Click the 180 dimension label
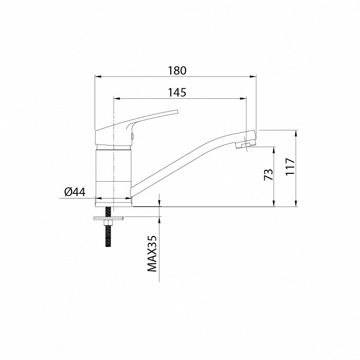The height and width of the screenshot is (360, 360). (177, 70)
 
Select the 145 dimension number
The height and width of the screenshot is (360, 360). (177, 93)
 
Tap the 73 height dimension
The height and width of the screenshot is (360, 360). (268, 175)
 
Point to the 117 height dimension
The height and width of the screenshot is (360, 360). (290, 167)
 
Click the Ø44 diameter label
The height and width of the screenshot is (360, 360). (75, 192)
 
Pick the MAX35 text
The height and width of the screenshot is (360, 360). (152, 254)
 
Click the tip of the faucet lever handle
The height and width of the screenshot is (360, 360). (177, 112)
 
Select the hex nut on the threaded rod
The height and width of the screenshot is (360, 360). (108, 223)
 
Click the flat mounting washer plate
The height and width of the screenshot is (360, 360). (109, 218)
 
